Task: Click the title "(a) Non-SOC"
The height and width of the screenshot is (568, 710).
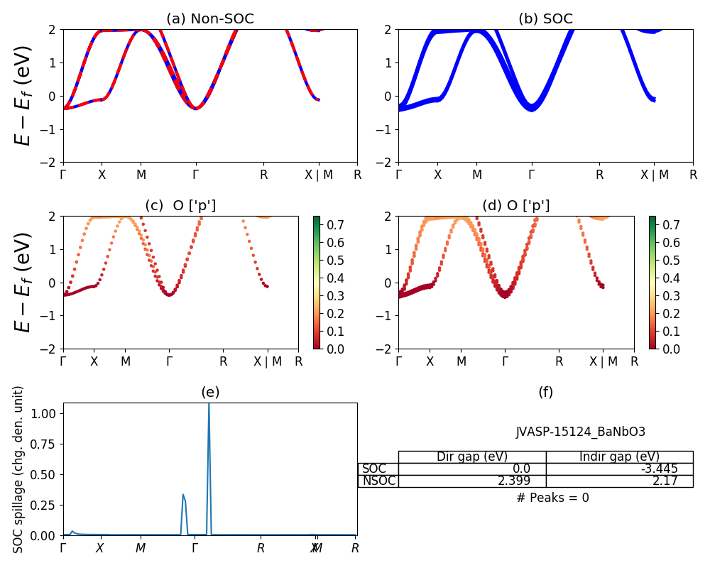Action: (209, 19)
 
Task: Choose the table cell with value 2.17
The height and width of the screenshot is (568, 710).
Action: (664, 481)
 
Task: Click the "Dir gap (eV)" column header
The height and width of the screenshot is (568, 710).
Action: (472, 457)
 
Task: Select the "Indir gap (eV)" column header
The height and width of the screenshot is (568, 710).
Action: (619, 457)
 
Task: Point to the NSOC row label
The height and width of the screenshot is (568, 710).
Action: (378, 481)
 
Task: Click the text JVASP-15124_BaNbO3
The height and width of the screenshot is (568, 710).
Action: (580, 432)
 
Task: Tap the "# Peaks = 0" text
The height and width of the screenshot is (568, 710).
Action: (552, 498)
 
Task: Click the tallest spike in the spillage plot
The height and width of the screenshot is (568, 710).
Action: (209, 405)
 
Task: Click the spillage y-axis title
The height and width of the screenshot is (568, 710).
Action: (19, 469)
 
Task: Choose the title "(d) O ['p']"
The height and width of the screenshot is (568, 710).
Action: (515, 206)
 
